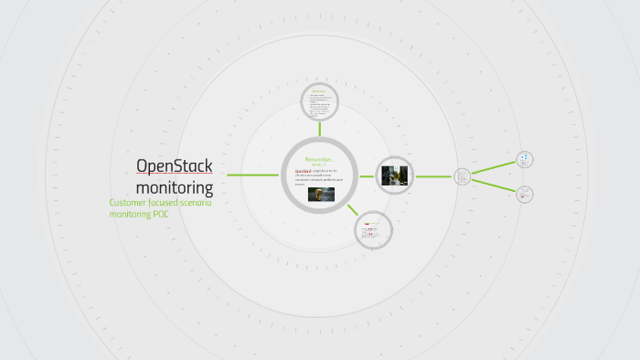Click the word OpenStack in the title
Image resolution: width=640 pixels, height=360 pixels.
click(x=174, y=165)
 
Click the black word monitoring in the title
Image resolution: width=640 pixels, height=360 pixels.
click(x=181, y=188)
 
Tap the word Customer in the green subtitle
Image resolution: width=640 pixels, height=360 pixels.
click(x=130, y=203)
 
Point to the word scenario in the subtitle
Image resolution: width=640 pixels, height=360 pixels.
click(x=192, y=203)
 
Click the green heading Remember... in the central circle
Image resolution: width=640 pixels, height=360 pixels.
click(x=320, y=160)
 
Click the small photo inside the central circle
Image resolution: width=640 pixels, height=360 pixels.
click(x=320, y=194)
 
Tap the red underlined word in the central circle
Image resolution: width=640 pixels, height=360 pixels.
click(x=303, y=171)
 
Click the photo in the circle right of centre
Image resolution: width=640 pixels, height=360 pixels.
click(x=394, y=175)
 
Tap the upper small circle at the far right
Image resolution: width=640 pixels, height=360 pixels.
click(x=525, y=159)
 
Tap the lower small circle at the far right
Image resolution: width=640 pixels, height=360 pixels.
click(x=525, y=194)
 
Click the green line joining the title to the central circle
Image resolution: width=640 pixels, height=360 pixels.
click(x=252, y=175)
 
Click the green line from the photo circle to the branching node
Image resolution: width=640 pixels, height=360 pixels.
click(x=433, y=175)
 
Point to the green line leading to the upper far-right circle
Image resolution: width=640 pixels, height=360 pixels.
click(x=494, y=166)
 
